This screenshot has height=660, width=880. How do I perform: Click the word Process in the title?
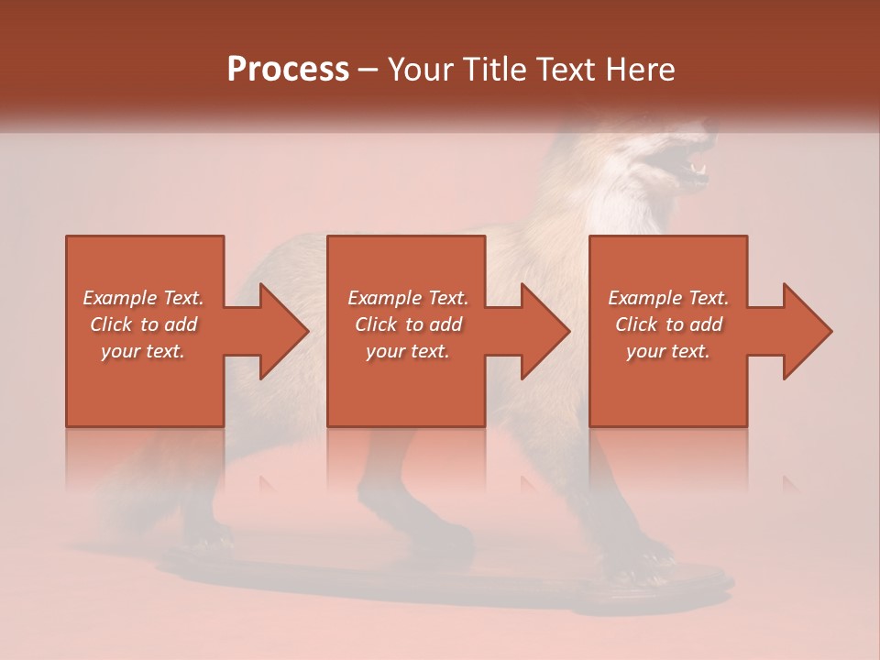pos(288,70)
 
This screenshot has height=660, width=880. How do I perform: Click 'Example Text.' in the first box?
pos(143,298)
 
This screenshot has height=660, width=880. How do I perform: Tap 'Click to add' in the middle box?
pos(408,324)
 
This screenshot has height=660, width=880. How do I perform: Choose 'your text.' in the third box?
pos(668,351)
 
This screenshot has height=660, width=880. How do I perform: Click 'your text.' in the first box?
pos(143,351)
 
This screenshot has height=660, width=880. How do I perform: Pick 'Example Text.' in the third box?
pos(668,298)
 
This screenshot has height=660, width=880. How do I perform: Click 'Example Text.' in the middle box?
pos(408,298)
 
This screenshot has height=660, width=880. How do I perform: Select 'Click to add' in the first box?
pos(143,324)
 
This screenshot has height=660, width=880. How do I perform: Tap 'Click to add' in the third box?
pos(668,324)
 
